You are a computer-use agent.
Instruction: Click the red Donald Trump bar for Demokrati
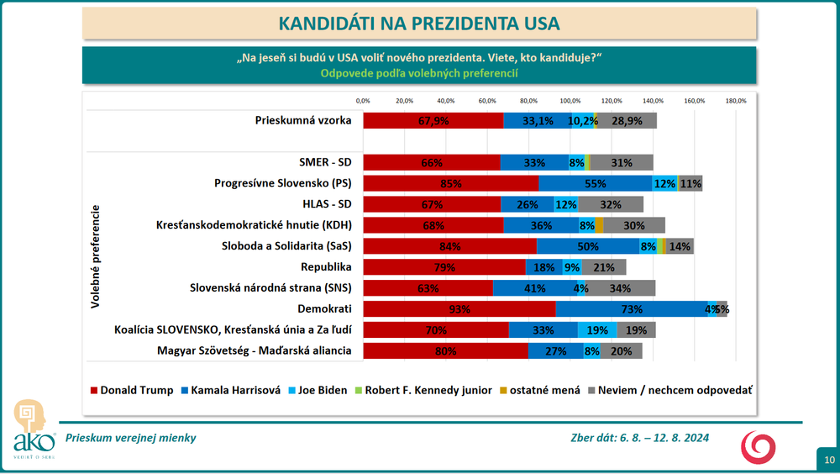click(459, 308)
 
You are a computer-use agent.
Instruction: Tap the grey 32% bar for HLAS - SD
click(611, 204)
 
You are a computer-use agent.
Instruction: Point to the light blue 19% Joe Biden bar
click(597, 329)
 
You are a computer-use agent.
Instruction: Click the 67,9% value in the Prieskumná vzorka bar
click(433, 121)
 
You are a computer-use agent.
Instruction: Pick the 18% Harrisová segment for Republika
click(543, 267)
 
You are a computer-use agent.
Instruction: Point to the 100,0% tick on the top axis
click(570, 101)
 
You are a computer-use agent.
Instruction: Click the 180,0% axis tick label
click(736, 101)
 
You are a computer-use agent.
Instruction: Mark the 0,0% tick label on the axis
click(363, 101)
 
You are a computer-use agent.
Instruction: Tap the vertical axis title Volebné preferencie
click(96, 256)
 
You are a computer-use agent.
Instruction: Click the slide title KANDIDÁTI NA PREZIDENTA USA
click(418, 23)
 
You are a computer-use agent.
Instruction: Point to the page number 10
click(829, 459)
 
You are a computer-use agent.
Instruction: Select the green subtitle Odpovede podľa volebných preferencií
click(418, 73)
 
